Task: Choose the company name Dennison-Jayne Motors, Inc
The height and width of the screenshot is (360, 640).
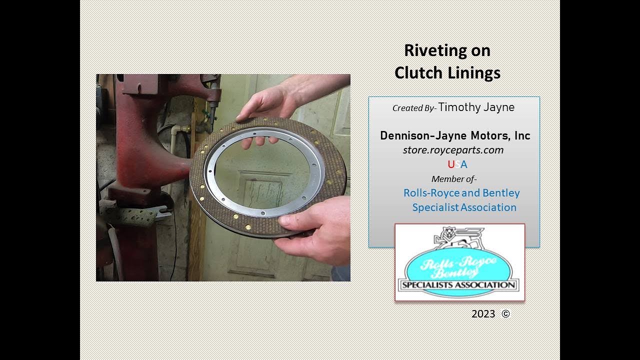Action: (455, 135)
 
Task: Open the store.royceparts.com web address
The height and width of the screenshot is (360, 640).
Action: (453, 150)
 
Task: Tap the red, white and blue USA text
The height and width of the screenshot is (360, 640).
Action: (457, 164)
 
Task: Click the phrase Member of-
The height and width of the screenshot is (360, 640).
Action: (454, 179)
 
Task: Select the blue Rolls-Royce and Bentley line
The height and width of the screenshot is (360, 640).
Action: (461, 193)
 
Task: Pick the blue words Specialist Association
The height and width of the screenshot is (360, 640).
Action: (464, 207)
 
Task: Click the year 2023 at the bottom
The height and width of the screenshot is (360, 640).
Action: (483, 314)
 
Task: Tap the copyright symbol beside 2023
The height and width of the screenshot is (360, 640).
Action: (505, 314)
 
